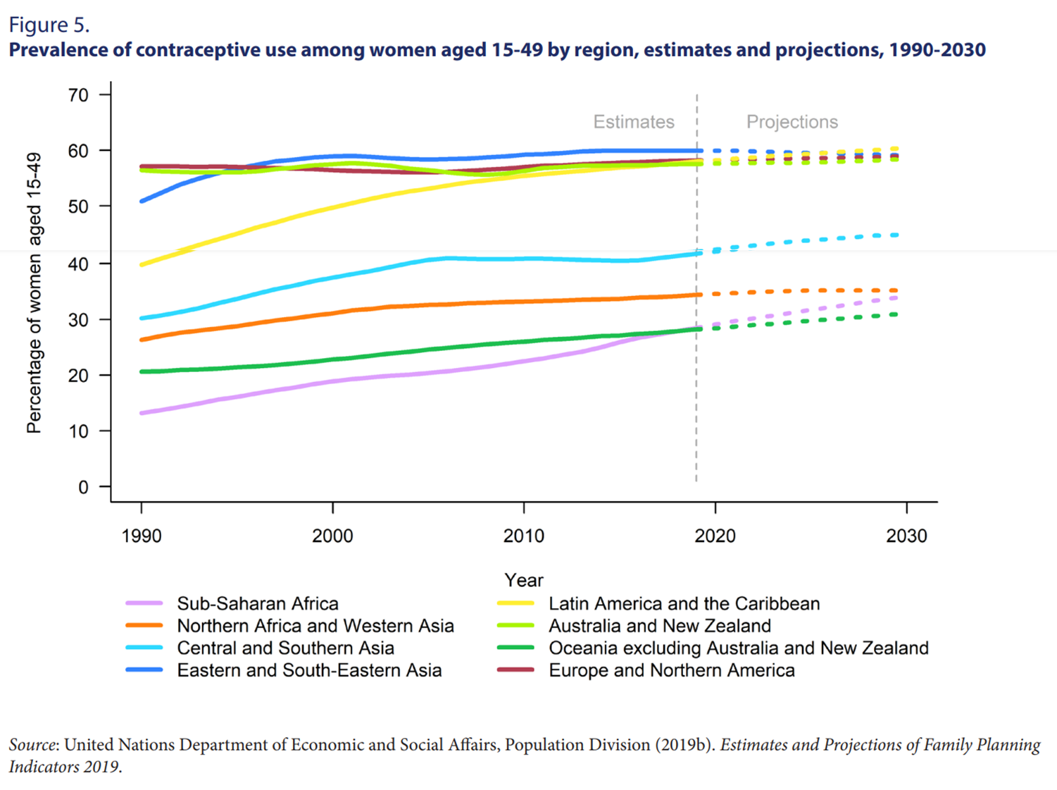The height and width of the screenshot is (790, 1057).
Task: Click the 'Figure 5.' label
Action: [49, 25]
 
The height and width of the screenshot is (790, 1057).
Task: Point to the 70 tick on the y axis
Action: [79, 95]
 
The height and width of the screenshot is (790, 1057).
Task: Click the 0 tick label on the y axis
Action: [84, 487]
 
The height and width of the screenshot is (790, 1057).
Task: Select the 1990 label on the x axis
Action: [142, 536]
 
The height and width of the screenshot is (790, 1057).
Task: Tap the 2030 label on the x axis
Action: [906, 536]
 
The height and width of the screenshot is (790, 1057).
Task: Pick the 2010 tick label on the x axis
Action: [524, 536]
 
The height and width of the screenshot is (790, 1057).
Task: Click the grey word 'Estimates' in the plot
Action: [634, 122]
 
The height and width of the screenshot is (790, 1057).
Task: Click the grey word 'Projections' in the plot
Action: [792, 122]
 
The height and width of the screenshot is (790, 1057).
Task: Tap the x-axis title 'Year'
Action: [524, 580]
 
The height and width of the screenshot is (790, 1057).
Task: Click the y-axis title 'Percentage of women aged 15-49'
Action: [34, 292]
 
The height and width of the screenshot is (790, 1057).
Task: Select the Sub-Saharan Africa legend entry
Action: [258, 604]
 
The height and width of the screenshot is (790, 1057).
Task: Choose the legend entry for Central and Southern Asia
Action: [285, 648]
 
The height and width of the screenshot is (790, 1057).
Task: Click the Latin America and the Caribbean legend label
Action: [684, 604]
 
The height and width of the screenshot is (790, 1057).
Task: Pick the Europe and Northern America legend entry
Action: [672, 670]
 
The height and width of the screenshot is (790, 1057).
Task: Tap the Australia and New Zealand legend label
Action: [660, 626]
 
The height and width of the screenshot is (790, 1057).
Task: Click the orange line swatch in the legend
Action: [144, 626]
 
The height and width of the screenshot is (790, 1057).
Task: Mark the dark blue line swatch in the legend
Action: [144, 670]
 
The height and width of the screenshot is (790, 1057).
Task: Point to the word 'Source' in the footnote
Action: [32, 745]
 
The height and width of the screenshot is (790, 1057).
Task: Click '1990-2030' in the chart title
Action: [937, 50]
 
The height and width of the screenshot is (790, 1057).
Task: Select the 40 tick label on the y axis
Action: [79, 264]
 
